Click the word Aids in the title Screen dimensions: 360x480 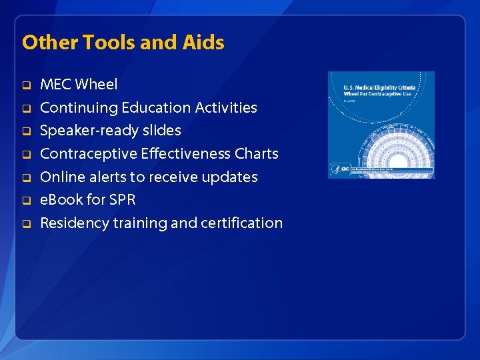click(x=203, y=43)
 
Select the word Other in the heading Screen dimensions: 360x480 click(x=49, y=43)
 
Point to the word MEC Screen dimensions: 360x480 click(x=56, y=85)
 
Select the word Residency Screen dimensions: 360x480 click(x=73, y=223)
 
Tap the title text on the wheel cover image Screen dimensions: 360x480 click(x=380, y=91)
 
